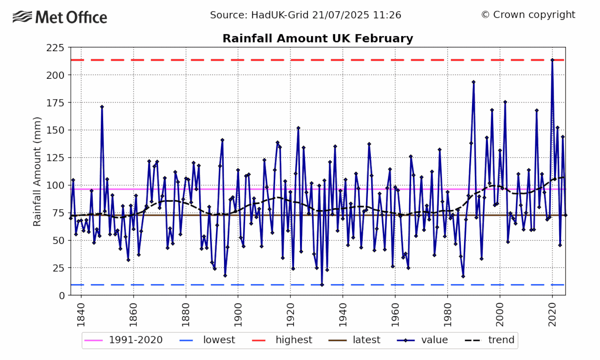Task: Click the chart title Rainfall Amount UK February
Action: (x=318, y=38)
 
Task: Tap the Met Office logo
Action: (x=60, y=17)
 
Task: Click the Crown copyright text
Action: (x=528, y=15)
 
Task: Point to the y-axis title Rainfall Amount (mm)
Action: (x=37, y=172)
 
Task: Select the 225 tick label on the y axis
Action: (x=55, y=48)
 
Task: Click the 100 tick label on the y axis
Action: (x=55, y=185)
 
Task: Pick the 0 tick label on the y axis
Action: (x=62, y=296)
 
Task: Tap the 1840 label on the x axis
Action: (x=81, y=315)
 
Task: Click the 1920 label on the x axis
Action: (x=290, y=315)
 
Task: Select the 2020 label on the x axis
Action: (x=552, y=315)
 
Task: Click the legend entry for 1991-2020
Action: (x=123, y=340)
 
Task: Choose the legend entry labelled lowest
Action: (x=207, y=340)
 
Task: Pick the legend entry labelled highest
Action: (x=282, y=340)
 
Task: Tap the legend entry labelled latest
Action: (x=354, y=340)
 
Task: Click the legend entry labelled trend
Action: (x=489, y=340)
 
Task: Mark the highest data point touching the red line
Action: (x=552, y=60)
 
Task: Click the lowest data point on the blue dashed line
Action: (x=322, y=285)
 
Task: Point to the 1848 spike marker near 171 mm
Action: (x=102, y=107)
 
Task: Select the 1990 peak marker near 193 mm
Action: (x=473, y=82)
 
